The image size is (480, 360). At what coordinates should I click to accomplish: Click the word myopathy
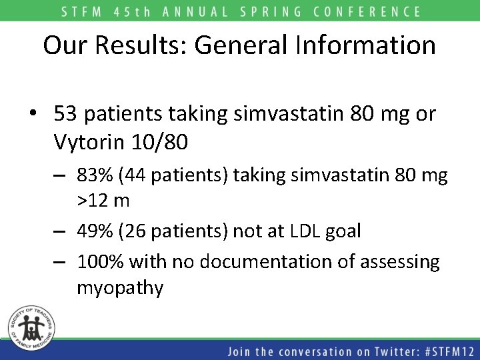120,288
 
